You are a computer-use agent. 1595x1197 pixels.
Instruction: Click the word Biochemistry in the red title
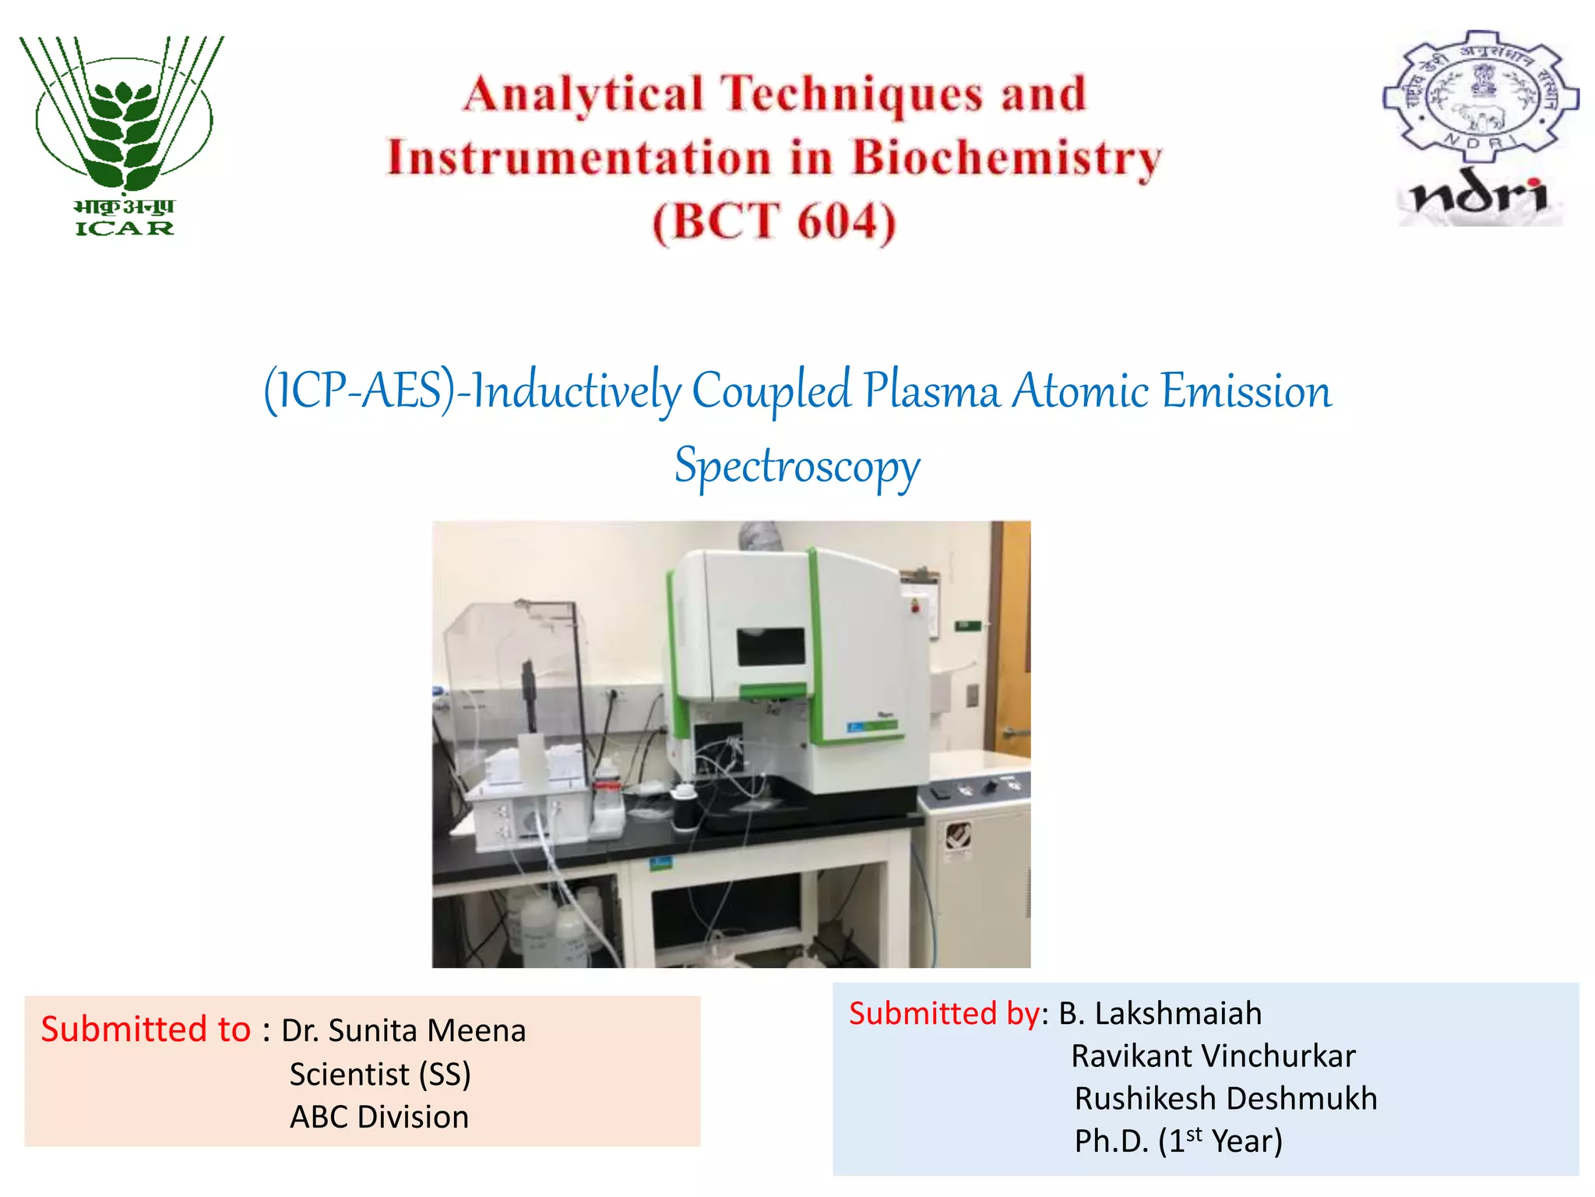1005,159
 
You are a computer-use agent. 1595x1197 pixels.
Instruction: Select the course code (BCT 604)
774,223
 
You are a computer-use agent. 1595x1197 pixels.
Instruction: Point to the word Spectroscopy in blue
797,467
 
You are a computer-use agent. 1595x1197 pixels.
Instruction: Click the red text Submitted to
146,1029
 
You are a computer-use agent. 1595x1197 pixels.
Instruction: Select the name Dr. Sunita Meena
403,1031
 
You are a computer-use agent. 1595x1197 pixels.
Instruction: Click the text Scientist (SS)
380,1075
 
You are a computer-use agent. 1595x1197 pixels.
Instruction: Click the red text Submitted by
944,1014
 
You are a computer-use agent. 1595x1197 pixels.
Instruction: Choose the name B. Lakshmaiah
1160,1014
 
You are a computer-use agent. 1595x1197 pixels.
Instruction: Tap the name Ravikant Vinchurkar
1213,1057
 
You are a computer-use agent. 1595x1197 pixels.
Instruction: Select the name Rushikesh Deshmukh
1225,1099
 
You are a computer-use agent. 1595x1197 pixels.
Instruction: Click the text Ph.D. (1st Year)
1178,1142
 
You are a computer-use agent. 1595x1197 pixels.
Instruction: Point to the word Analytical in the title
583,95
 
